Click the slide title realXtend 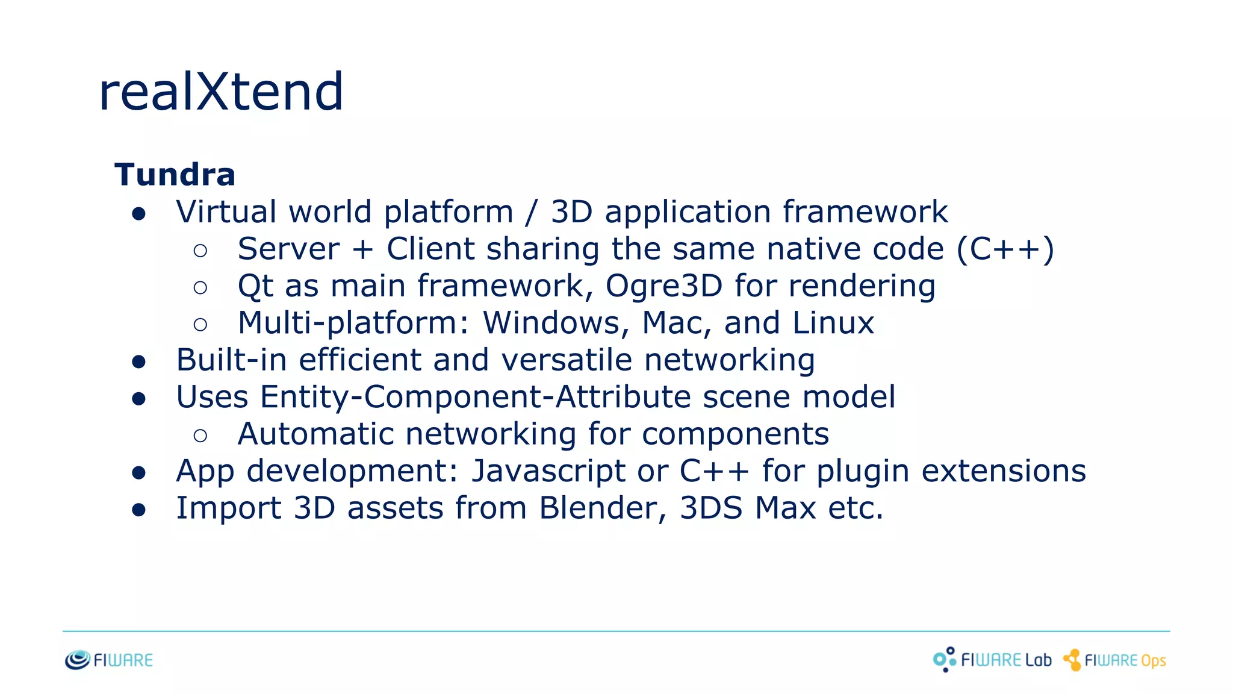click(221, 92)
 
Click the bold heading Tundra click(175, 175)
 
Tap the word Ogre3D click(663, 286)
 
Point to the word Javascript click(548, 471)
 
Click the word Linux click(833, 323)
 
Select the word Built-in click(231, 360)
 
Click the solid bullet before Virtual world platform click(139, 214)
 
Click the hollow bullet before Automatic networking click(200, 436)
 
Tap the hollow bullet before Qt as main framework click(200, 287)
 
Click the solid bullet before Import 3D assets click(139, 510)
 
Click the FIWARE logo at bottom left click(109, 660)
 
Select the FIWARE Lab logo click(992, 660)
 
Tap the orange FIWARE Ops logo click(1114, 660)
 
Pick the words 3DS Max click(748, 508)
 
